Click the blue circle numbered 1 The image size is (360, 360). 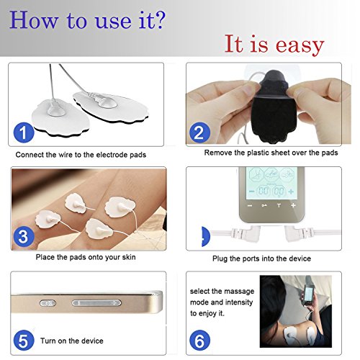(x=24, y=132)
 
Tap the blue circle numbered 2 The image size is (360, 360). (x=199, y=132)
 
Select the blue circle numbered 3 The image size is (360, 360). (x=24, y=236)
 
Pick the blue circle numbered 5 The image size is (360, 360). (x=24, y=341)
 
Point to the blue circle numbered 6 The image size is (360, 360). (x=199, y=341)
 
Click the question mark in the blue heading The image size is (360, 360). (x=158, y=19)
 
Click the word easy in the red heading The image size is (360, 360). (x=300, y=45)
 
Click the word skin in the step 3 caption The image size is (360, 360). (x=129, y=257)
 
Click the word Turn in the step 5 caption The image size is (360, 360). (x=48, y=341)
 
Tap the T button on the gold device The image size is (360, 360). (x=279, y=205)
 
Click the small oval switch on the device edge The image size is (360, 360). (x=48, y=303)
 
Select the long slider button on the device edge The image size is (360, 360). (x=96, y=303)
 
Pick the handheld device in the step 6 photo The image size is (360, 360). (x=309, y=294)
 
